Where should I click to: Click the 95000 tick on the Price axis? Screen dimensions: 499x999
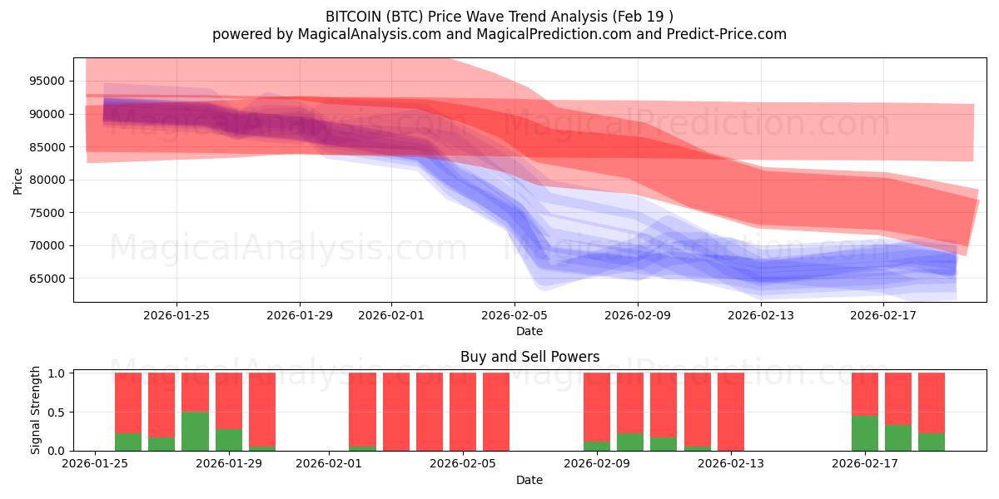(47, 81)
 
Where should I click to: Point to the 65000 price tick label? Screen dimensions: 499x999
(47, 279)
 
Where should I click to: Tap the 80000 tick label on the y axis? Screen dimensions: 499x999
(47, 180)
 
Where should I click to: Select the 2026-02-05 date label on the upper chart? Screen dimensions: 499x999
(514, 315)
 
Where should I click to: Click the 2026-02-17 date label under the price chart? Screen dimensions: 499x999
(884, 315)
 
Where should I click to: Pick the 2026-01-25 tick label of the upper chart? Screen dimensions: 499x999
(176, 315)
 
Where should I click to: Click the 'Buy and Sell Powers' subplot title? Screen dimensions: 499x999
(529, 357)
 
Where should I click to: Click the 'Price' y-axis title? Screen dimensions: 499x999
(18, 180)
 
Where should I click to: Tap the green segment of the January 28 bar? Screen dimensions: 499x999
(195, 431)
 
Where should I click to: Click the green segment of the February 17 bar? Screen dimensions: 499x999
(864, 433)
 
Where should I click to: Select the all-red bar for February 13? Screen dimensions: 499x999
(730, 412)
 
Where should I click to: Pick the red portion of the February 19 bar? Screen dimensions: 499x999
(931, 403)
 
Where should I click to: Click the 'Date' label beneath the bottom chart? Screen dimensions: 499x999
(529, 480)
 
